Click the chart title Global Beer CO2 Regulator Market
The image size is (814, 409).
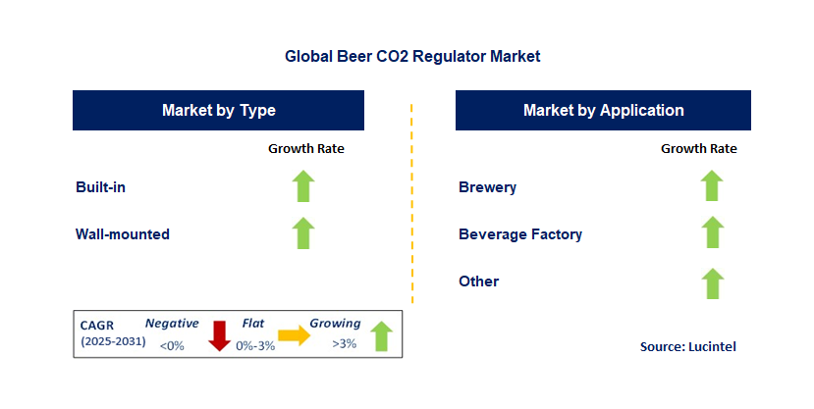[x=412, y=56]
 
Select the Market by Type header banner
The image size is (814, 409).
[x=218, y=110]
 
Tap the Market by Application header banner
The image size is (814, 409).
[x=603, y=110]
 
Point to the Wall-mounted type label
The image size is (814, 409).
[x=123, y=234]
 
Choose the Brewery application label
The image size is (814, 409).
[x=487, y=186]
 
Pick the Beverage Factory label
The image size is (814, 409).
[x=520, y=234]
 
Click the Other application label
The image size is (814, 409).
[x=478, y=281]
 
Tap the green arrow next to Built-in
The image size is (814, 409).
[x=303, y=186]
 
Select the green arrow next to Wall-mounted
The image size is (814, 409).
[x=303, y=233]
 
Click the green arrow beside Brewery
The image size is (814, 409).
[x=712, y=186]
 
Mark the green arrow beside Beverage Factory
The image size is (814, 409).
[x=712, y=233]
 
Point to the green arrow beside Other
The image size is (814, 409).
[x=712, y=283]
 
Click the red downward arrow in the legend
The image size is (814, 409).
[x=219, y=335]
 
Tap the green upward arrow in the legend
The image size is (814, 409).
[x=381, y=335]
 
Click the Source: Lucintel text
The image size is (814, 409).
[x=687, y=346]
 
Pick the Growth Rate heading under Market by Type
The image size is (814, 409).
[x=306, y=149]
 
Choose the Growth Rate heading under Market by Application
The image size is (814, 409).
[x=698, y=149]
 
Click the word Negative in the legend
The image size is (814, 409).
[x=172, y=323]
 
